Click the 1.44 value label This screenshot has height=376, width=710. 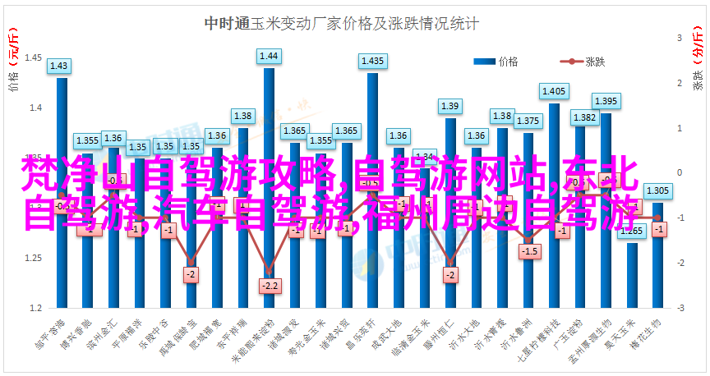click(x=269, y=56)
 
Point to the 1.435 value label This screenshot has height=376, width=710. click(x=372, y=61)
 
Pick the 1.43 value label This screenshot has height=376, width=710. click(x=61, y=66)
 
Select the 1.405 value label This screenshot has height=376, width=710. click(x=554, y=91)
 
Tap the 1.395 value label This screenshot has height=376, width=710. click(x=606, y=101)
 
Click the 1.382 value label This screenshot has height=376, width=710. click(x=584, y=117)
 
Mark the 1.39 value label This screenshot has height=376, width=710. click(x=450, y=106)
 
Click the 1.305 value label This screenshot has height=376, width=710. click(x=657, y=190)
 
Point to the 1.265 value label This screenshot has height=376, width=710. click(x=632, y=231)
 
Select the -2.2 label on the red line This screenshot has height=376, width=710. click(x=269, y=285)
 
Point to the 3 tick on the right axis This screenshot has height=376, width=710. click(x=680, y=38)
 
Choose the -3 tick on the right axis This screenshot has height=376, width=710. click(x=680, y=308)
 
